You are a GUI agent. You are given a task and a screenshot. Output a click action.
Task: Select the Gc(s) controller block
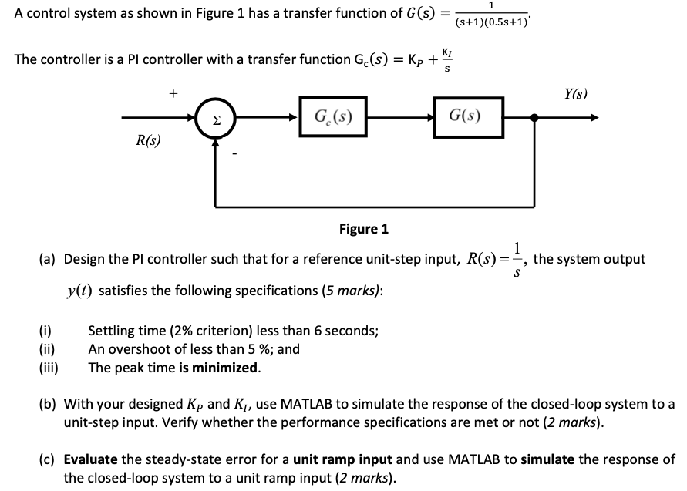click(x=334, y=118)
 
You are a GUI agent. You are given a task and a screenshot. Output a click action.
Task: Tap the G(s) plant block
click(x=464, y=118)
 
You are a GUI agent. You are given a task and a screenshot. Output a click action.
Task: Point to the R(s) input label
click(x=148, y=141)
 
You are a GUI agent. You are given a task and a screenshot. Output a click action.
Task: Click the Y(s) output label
click(x=574, y=94)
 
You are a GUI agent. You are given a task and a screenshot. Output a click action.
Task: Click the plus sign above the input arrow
click(x=173, y=93)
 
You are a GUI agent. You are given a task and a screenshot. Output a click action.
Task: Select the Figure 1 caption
click(x=364, y=229)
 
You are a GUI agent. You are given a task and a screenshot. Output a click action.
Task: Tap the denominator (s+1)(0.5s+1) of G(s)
click(x=491, y=22)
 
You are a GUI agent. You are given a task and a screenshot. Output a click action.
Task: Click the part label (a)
click(x=49, y=259)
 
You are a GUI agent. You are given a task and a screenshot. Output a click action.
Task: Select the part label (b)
click(x=49, y=403)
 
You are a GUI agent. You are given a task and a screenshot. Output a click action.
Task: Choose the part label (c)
click(x=48, y=459)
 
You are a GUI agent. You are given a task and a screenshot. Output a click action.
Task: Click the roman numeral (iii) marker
click(x=48, y=367)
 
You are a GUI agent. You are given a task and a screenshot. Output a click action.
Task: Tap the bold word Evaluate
click(x=90, y=459)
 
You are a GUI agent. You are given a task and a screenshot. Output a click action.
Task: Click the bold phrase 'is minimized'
click(x=219, y=367)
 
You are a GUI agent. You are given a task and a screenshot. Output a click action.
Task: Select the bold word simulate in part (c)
click(x=548, y=459)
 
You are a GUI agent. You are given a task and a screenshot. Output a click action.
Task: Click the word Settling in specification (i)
click(x=113, y=331)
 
